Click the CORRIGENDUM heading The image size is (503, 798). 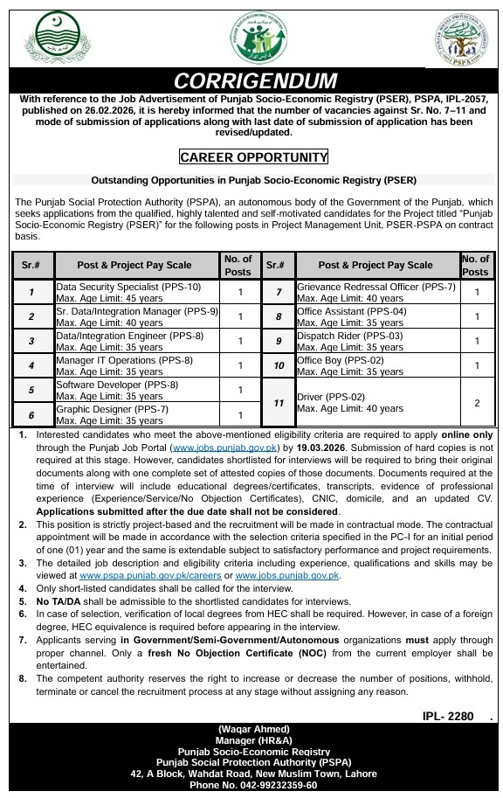coord(254,81)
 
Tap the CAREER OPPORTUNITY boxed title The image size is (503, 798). coord(253,157)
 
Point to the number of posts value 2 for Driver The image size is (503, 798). coord(477,403)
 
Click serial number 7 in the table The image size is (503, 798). coord(278,292)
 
